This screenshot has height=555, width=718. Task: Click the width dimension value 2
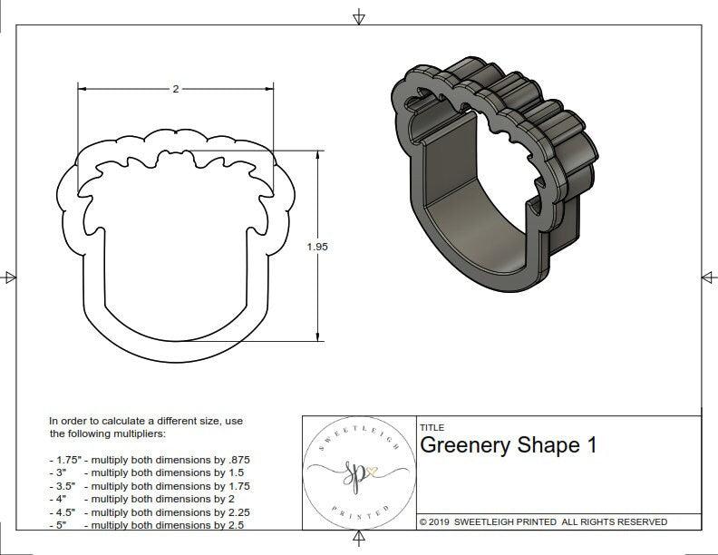(x=175, y=89)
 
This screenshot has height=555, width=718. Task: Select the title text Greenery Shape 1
(x=508, y=446)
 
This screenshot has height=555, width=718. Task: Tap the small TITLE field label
(x=431, y=427)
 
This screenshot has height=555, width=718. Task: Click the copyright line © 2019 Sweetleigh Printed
(x=543, y=521)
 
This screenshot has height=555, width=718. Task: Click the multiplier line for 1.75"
(x=149, y=460)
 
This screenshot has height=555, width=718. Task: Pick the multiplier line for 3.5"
(x=149, y=485)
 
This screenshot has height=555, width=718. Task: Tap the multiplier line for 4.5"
(x=149, y=511)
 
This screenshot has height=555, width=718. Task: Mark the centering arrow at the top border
(x=359, y=16)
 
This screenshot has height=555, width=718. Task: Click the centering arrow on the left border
(x=10, y=277)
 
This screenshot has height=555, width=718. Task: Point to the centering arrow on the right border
(x=708, y=277)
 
